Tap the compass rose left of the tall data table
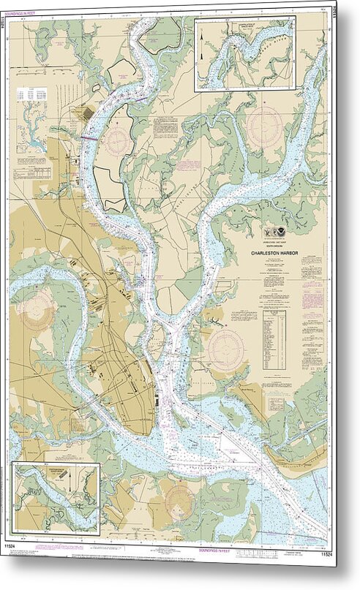pyautogui.click(x=227, y=349)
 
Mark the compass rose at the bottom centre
pyautogui.click(x=179, y=502)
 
